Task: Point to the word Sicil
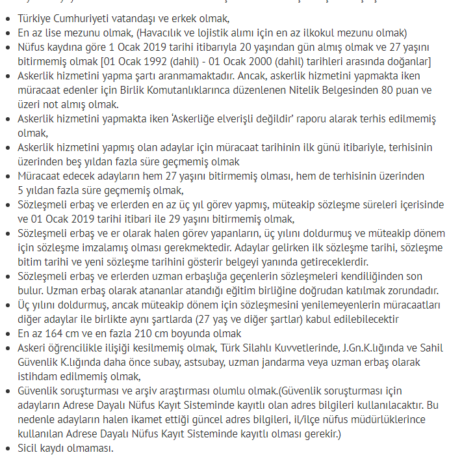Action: tap(30, 448)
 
